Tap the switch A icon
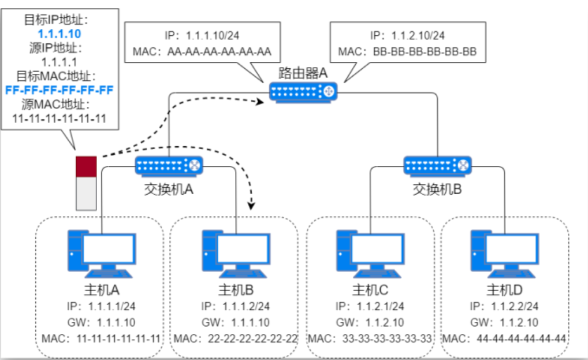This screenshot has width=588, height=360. (x=169, y=166)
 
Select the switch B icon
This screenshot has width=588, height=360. (x=438, y=166)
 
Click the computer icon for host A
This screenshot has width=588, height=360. (x=101, y=253)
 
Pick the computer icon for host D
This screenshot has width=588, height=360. (x=504, y=253)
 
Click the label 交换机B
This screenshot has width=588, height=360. (x=437, y=189)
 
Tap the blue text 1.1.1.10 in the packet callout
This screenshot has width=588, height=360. (x=60, y=34)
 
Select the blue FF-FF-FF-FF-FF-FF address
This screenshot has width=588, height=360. (x=59, y=90)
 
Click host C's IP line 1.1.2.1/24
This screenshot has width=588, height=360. (x=370, y=306)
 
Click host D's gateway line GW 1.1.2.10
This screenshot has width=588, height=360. (x=504, y=322)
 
